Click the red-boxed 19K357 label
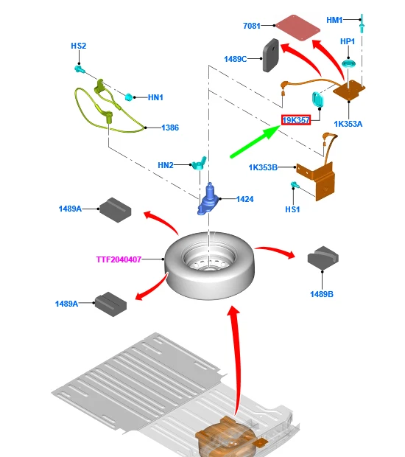point(296,120)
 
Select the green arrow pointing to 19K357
point(255,142)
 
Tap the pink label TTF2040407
point(119,259)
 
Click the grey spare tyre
point(210,265)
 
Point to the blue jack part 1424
point(208,199)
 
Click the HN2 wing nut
point(199,163)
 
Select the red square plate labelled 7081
point(297,28)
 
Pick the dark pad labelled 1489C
point(271,55)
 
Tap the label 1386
point(170,128)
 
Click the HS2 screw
point(79,69)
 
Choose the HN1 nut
point(129,97)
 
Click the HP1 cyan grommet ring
point(348,63)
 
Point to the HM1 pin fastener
point(362,24)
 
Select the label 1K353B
point(263,167)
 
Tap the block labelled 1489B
point(323,257)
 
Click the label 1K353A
point(348,124)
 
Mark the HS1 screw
point(295,184)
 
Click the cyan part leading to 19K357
point(317,100)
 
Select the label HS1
point(292,209)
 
